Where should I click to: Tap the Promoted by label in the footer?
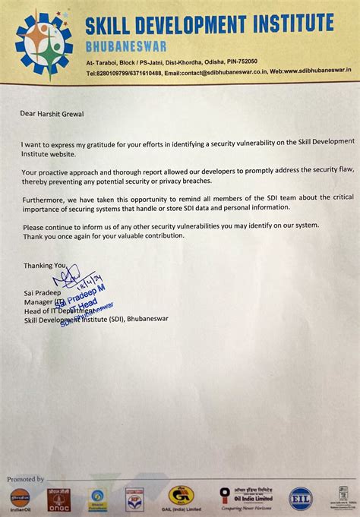(26, 480)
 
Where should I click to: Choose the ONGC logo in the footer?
(57, 499)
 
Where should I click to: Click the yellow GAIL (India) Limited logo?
(181, 496)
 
